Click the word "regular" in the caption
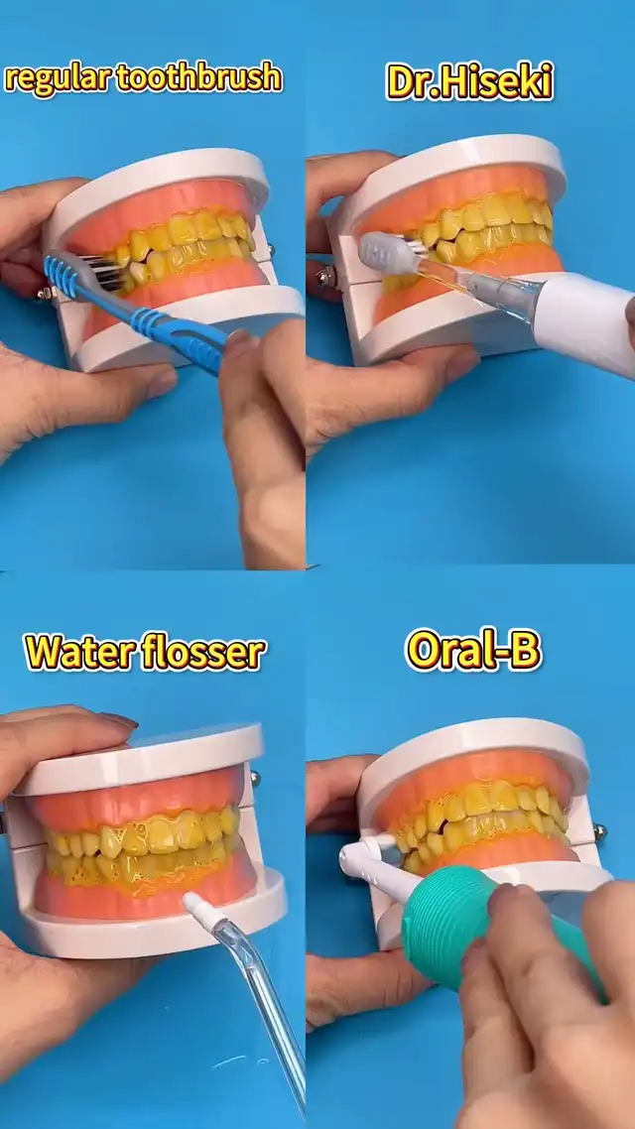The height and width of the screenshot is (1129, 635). (x=57, y=78)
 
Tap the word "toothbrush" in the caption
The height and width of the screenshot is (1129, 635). (x=198, y=77)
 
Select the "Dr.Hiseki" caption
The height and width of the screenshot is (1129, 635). (x=470, y=80)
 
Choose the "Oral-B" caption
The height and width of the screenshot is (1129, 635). (x=473, y=650)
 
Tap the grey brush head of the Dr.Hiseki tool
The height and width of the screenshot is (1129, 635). (x=388, y=252)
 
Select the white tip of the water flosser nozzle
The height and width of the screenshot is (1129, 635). (x=196, y=906)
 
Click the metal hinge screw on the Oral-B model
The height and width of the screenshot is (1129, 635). (x=599, y=833)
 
